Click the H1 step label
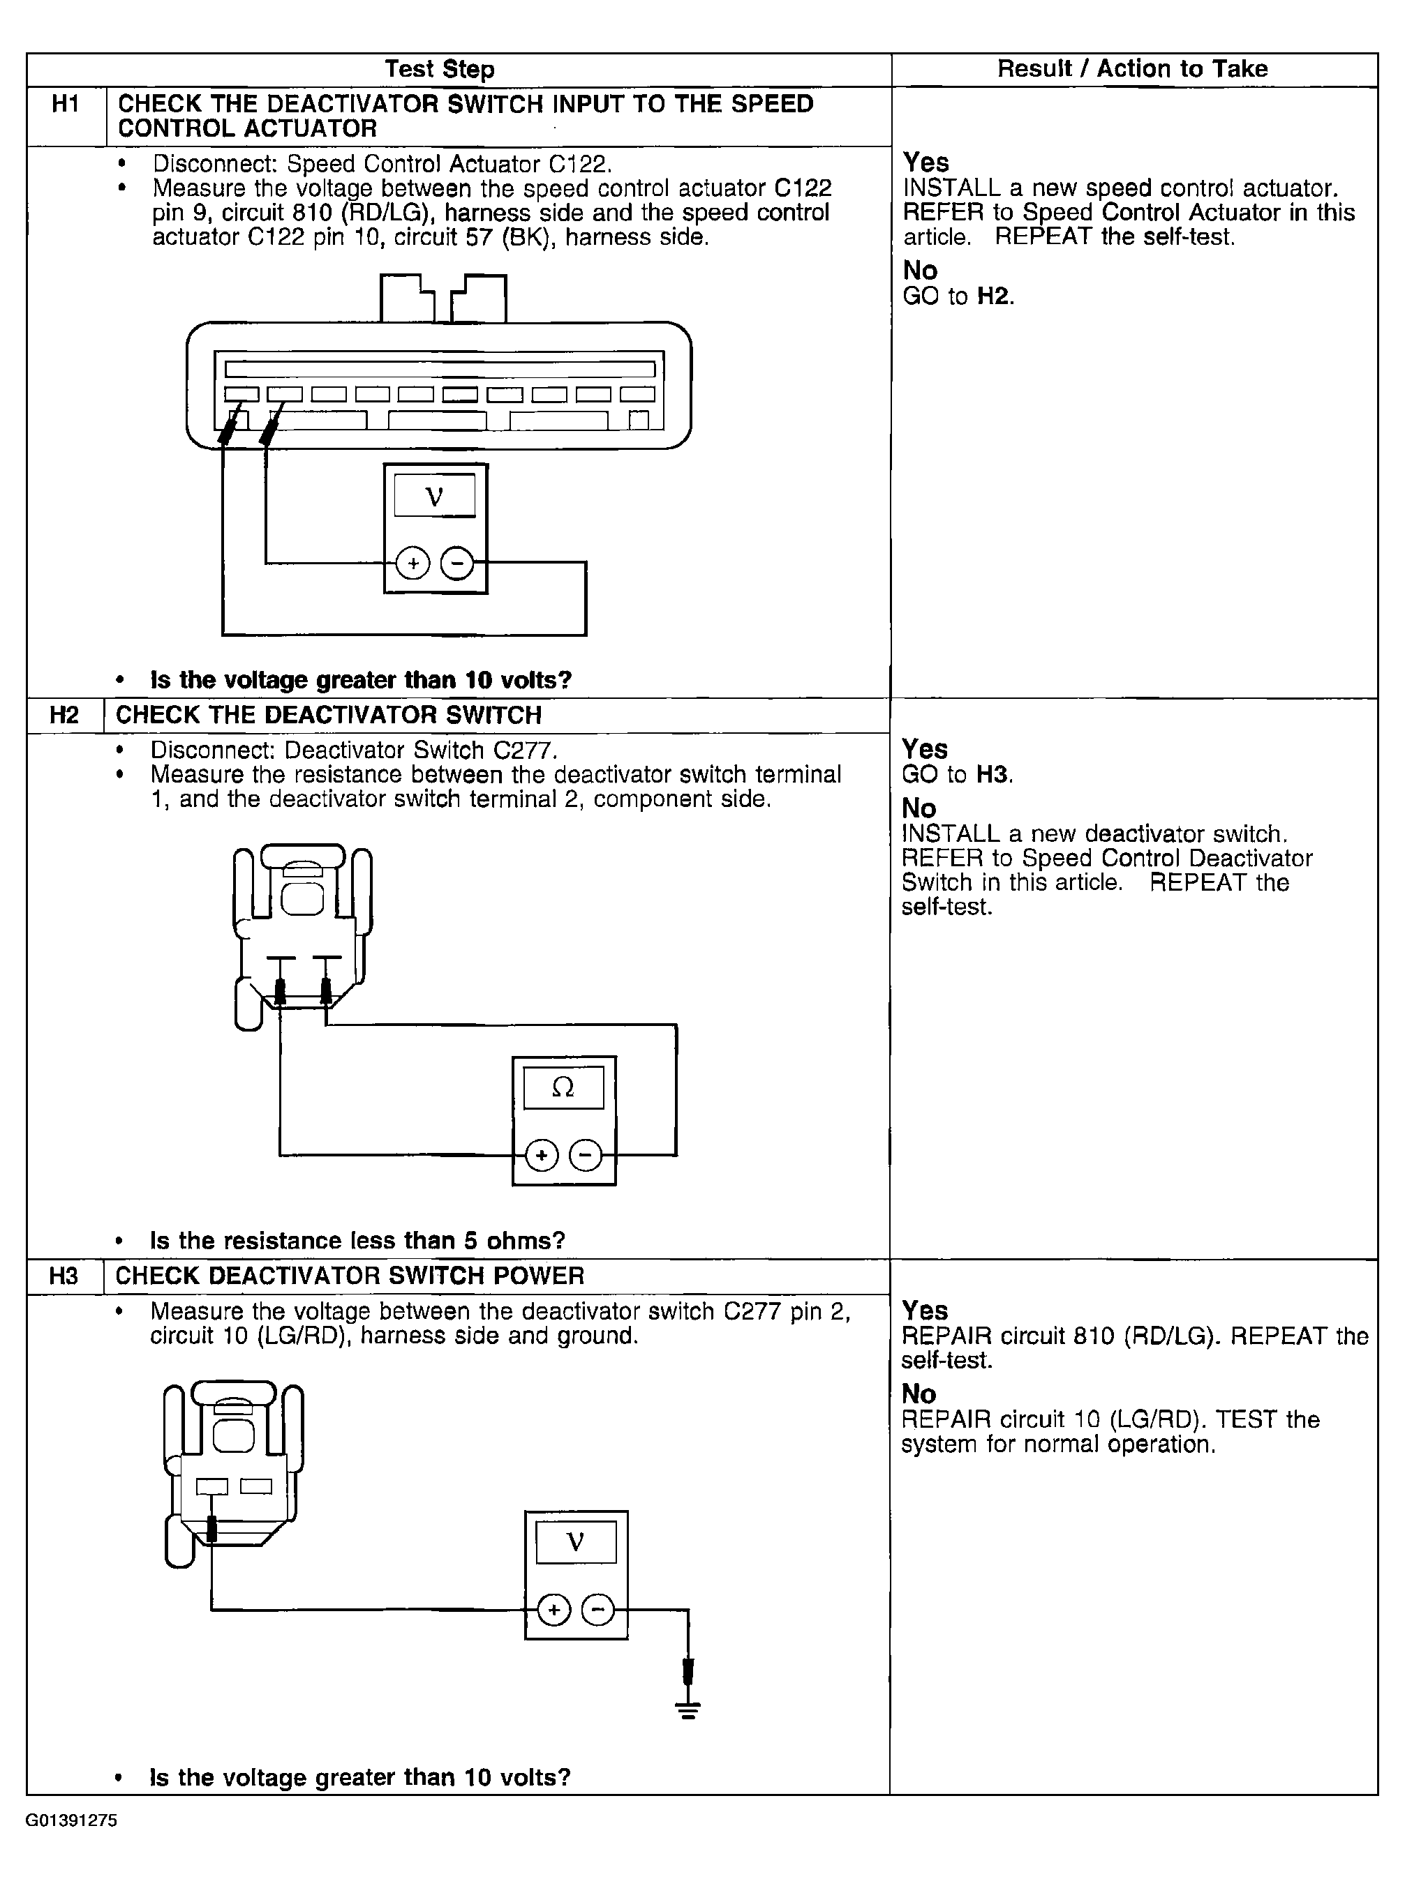click(66, 105)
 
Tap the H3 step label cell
click(64, 1276)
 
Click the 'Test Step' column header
click(440, 70)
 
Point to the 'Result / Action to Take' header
click(1132, 69)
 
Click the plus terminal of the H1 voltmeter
click(413, 563)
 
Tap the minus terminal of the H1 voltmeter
click(457, 563)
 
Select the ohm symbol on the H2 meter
click(563, 1087)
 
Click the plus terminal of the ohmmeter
click(542, 1155)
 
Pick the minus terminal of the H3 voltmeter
click(598, 1609)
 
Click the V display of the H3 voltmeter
click(575, 1541)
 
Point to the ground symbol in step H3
click(688, 1711)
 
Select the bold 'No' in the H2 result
click(919, 808)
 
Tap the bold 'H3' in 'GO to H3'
click(993, 775)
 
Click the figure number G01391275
click(71, 1820)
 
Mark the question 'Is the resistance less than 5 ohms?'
click(357, 1241)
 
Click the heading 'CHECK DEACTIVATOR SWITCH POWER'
click(350, 1276)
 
